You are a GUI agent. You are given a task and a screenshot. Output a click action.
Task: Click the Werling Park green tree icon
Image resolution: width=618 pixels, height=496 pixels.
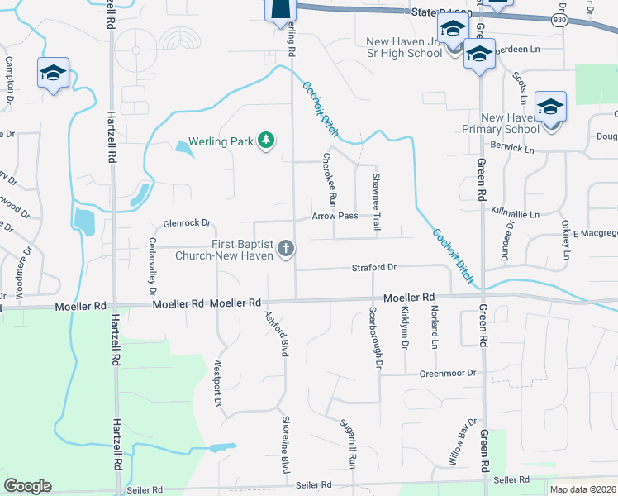coord(266,141)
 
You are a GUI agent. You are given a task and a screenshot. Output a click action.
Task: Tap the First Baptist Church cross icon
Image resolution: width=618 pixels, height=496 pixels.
coord(286,249)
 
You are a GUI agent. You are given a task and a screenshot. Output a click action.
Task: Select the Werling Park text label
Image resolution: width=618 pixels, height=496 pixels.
coord(221,142)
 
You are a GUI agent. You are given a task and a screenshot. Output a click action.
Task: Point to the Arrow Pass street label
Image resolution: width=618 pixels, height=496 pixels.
coord(335,216)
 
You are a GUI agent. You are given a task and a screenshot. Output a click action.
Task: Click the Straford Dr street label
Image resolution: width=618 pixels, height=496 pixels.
coord(374,267)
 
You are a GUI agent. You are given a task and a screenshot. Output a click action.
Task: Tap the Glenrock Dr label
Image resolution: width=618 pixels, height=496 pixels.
coord(188,223)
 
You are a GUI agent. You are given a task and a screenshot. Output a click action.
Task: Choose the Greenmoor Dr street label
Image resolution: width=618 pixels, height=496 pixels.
coord(449,373)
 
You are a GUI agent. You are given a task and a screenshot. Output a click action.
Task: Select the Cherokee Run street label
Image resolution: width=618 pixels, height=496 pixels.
coord(329,179)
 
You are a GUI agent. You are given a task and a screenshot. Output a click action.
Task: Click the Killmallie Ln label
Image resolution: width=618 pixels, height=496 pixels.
coord(515,214)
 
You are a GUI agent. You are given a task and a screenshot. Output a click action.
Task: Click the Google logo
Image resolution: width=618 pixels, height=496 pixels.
coord(27,486)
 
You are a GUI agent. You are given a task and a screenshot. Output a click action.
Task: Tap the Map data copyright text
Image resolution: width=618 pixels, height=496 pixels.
coord(582,489)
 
